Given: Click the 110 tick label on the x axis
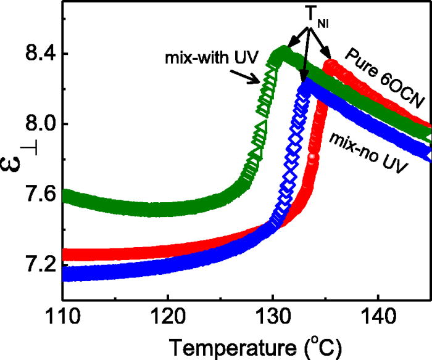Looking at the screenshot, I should pyautogui.click(x=63, y=319).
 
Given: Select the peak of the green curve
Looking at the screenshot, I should pyautogui.click(x=283, y=52).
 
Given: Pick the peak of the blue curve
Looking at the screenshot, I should pyautogui.click(x=305, y=87).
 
